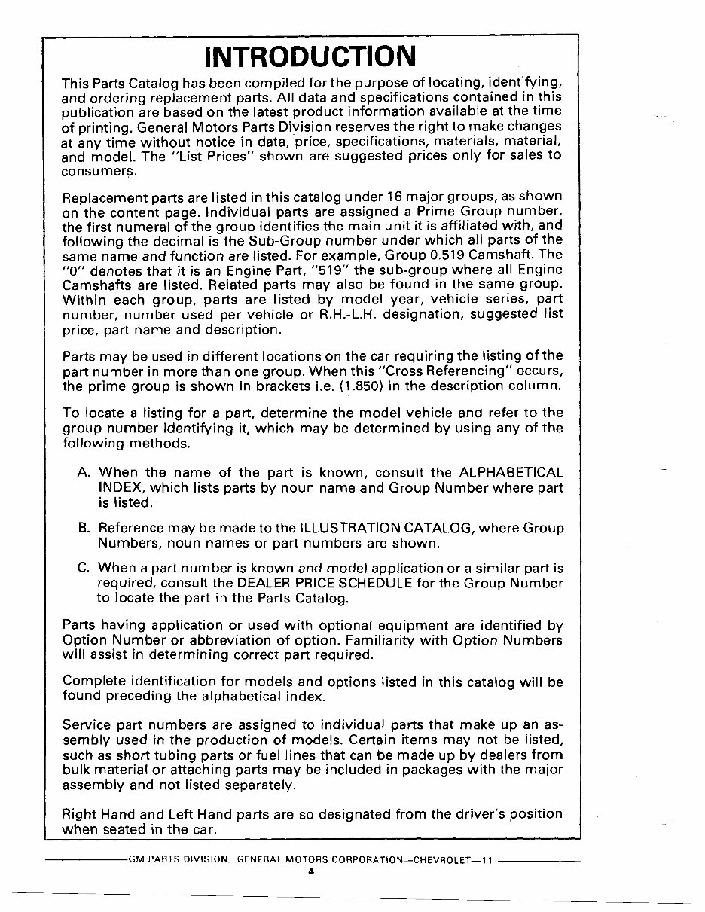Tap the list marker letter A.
(x=84, y=473)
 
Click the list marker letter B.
(x=84, y=528)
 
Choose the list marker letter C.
(x=84, y=568)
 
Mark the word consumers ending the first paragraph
(x=94, y=170)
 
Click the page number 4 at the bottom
(x=310, y=871)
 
